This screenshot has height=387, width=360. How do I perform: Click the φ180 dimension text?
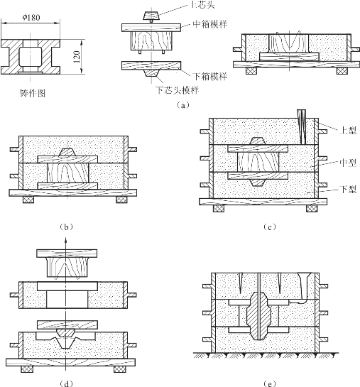(31, 18)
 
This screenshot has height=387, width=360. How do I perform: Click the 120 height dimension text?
(77, 57)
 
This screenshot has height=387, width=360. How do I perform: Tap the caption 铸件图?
(33, 93)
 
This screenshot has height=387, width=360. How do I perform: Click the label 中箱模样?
(209, 24)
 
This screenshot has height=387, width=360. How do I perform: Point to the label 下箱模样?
(209, 77)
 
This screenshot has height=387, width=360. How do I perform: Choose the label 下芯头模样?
(178, 90)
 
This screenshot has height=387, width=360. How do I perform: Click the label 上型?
(348, 130)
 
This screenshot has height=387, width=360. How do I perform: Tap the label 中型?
(348, 163)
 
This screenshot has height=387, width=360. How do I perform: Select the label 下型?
(348, 190)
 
